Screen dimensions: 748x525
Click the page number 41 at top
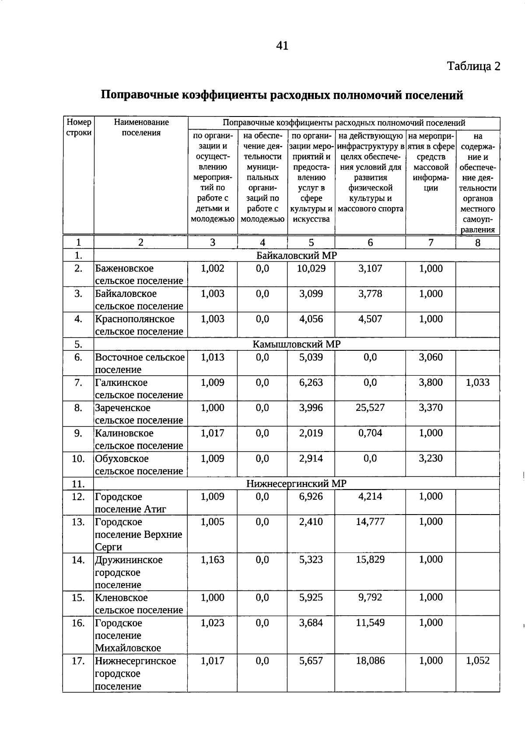pos(282,46)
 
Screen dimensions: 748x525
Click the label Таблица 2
pos(473,67)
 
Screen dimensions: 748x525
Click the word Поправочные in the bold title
pos(140,95)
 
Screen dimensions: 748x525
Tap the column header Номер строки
pos(79,127)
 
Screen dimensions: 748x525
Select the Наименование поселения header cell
pos(141,127)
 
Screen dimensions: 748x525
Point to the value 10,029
pos(311,268)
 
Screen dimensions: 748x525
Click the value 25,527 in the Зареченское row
pos(370,408)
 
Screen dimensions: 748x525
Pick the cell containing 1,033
pos(477,382)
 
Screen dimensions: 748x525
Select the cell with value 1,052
pos(477,661)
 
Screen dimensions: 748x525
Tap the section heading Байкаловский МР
pos(297,256)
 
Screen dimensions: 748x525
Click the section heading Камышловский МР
pos(297,344)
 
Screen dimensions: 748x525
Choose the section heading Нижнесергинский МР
pos(296,483)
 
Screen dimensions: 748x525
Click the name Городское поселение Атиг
pos(130,503)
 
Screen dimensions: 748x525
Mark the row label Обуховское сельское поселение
pos(139,465)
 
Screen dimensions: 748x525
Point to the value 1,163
pos(212,560)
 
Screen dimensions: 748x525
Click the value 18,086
pos(370,661)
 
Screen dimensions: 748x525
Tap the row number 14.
pos(78,560)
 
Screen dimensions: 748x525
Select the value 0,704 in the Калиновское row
pos(370,433)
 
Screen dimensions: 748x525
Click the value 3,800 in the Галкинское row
pos(430,382)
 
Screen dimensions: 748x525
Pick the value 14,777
pos(370,522)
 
